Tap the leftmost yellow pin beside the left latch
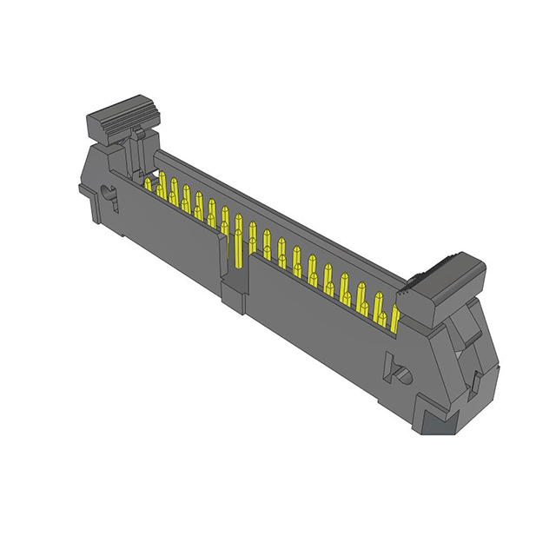click(149, 184)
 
